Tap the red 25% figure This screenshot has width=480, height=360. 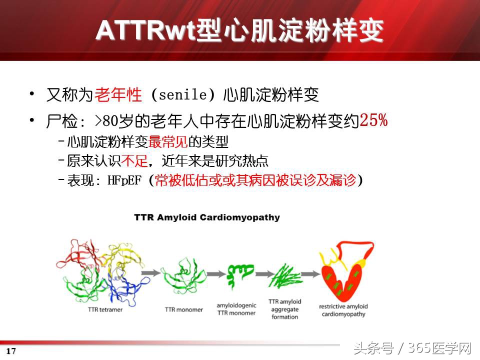pyautogui.click(x=373, y=120)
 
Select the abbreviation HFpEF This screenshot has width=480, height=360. pyautogui.click(x=125, y=180)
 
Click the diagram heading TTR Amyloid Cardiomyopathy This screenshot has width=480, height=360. pyautogui.click(x=207, y=217)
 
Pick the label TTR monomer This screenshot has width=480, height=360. pyautogui.click(x=184, y=309)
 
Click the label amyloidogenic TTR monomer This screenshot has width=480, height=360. pyautogui.click(x=236, y=309)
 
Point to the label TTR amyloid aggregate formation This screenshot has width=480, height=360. pyautogui.click(x=284, y=309)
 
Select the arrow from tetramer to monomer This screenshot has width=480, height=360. pyautogui.click(x=149, y=274)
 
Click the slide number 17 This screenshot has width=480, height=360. pyautogui.click(x=11, y=351)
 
